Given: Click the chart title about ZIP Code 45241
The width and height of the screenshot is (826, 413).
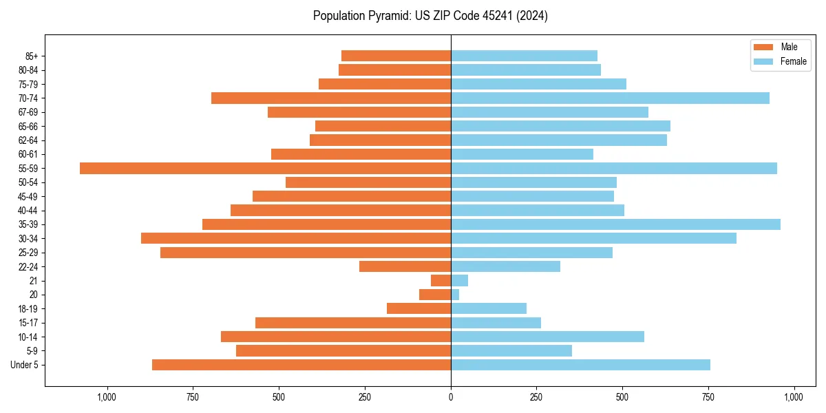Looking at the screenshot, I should pyautogui.click(x=430, y=16).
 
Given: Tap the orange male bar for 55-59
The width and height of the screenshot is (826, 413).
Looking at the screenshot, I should pyautogui.click(x=265, y=168).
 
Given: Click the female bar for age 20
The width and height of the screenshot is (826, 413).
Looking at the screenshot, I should pyautogui.click(x=455, y=295).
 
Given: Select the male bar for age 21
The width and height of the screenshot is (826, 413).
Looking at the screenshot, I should pyautogui.click(x=441, y=281).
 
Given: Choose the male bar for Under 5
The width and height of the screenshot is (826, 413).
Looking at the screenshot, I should pyautogui.click(x=301, y=365).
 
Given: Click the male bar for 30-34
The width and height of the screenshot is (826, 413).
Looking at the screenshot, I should pyautogui.click(x=296, y=238).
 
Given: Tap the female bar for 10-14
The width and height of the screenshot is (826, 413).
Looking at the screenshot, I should pyautogui.click(x=547, y=337).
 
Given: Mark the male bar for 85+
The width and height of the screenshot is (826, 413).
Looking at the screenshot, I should pyautogui.click(x=396, y=56).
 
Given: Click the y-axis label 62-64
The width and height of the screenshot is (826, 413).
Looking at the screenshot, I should pyautogui.click(x=28, y=140).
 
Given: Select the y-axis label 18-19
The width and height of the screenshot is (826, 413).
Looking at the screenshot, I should pyautogui.click(x=28, y=309).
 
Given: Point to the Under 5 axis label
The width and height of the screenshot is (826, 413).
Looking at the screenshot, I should pyautogui.click(x=25, y=365).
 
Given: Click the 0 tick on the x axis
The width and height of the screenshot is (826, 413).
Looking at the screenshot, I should pyautogui.click(x=451, y=397).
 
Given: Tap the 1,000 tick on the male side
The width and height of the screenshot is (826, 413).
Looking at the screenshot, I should pyautogui.click(x=107, y=397).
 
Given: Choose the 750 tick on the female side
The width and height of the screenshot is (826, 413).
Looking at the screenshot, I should pyautogui.click(x=708, y=397).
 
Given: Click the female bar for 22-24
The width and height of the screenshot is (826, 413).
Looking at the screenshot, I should pyautogui.click(x=505, y=266).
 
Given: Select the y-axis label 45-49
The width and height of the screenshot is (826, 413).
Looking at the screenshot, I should pyautogui.click(x=28, y=196).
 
